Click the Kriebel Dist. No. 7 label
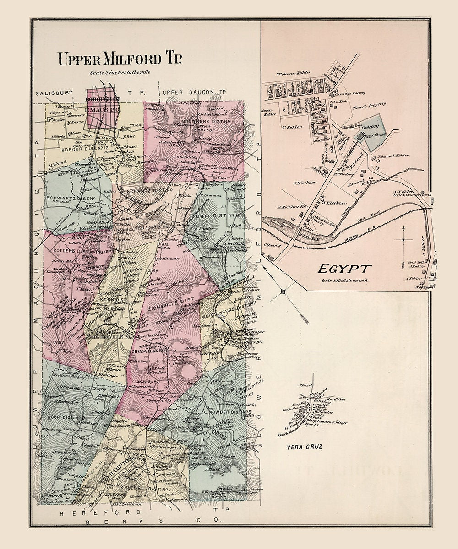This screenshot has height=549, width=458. pyautogui.click(x=149, y=489)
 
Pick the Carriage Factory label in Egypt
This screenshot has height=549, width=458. pyautogui.click(x=354, y=93)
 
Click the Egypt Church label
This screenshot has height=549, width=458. pyautogui.click(x=376, y=135)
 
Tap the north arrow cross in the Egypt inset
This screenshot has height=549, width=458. pyautogui.click(x=403, y=239)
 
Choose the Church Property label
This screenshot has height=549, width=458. pyautogui.click(x=369, y=104)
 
